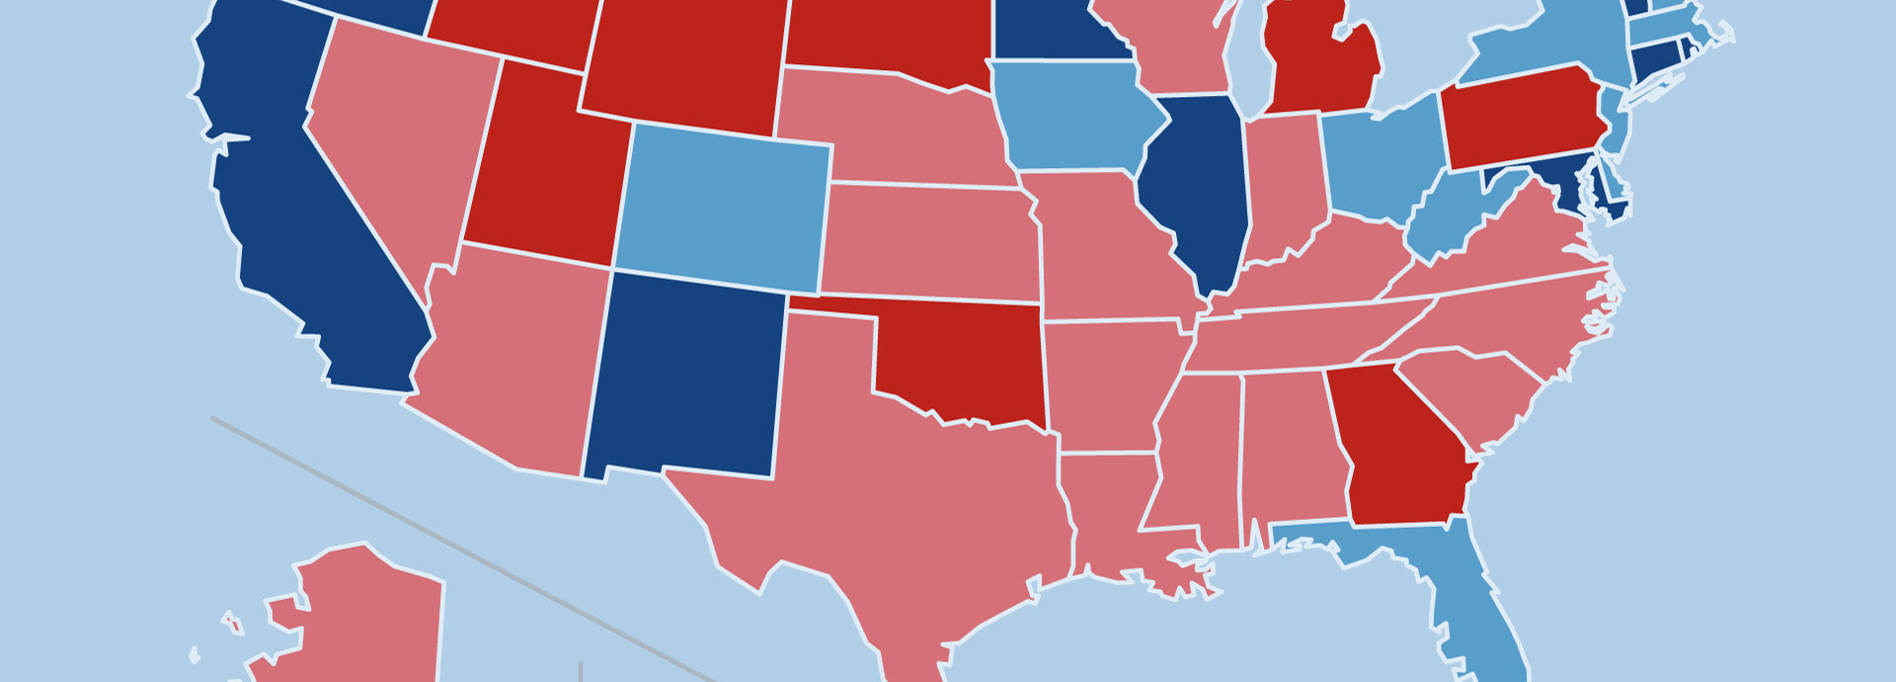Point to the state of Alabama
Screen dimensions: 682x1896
coord(1289,445)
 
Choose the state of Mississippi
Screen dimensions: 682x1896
coord(1195,455)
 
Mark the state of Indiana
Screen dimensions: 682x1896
coord(1284,188)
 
